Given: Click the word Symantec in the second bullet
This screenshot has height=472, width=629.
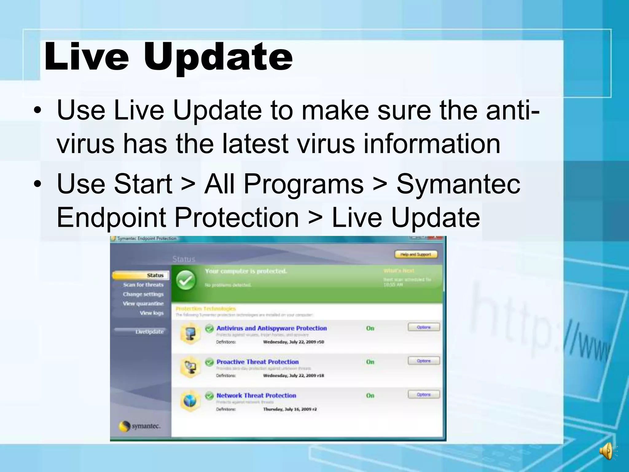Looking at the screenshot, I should tap(458, 184).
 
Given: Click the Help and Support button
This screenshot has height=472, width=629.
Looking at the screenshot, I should tap(416, 254).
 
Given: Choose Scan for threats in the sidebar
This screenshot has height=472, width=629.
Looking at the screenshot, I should tap(143, 285).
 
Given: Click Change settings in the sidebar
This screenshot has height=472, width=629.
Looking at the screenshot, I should tap(143, 294).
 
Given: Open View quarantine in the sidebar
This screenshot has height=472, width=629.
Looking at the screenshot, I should tap(143, 304).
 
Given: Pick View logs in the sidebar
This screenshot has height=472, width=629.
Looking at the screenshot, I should tap(151, 313).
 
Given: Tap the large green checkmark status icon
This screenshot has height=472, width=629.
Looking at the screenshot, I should tap(186, 280).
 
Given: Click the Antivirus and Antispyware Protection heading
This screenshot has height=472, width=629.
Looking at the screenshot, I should tap(272, 328).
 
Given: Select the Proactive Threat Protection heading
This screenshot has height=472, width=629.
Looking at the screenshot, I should tap(257, 362).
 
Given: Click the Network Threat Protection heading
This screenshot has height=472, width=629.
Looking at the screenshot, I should tap(256, 395).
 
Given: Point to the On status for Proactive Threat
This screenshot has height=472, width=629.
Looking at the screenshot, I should tap(370, 362).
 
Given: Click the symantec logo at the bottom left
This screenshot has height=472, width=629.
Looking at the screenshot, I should tap(140, 427).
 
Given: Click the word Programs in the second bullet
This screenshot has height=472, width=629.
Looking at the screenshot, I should tap(303, 184).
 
